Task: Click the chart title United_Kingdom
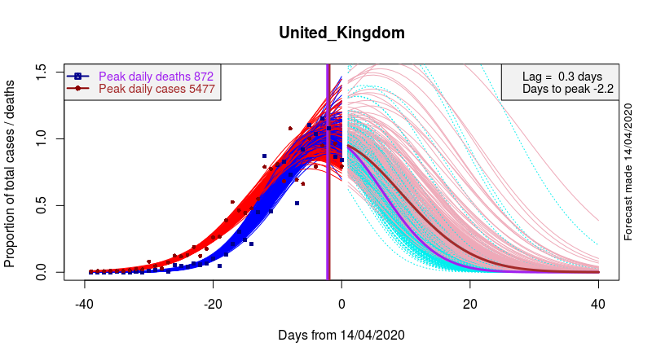tap(341, 33)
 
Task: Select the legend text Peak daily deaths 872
tap(156, 76)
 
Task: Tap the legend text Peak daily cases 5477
tap(156, 89)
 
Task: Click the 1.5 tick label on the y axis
tap(41, 72)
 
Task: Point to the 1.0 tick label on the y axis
tap(41, 139)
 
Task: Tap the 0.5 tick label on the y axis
tap(41, 205)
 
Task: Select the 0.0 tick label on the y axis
tap(41, 272)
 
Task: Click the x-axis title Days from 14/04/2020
tap(341, 336)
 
